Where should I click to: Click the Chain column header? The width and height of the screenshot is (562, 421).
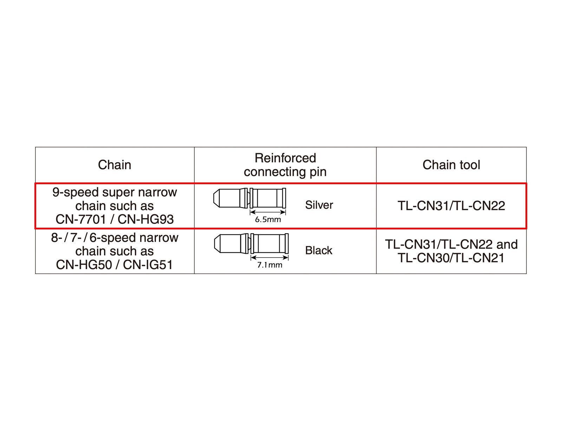click(x=115, y=165)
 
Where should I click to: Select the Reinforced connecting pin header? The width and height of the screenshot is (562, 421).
click(x=285, y=165)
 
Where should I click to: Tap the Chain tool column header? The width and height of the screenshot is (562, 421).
click(x=451, y=165)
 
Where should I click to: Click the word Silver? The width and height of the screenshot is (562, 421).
click(x=319, y=205)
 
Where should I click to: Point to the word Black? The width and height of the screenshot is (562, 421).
click(x=319, y=250)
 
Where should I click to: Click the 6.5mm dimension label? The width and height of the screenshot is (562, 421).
click(x=268, y=220)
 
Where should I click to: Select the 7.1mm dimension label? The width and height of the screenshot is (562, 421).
click(x=269, y=265)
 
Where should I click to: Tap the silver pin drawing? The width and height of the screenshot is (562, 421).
click(x=250, y=198)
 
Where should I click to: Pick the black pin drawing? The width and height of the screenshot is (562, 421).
click(x=251, y=243)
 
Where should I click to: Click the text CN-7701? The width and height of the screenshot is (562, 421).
click(x=80, y=219)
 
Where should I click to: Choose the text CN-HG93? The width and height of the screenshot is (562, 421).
click(x=145, y=219)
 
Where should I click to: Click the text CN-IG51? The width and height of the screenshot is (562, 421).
click(x=148, y=265)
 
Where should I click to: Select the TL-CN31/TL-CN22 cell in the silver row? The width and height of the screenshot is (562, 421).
click(x=451, y=206)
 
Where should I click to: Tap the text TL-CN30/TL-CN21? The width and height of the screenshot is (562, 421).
click(x=451, y=258)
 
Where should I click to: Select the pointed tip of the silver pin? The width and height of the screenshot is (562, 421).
click(x=216, y=198)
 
